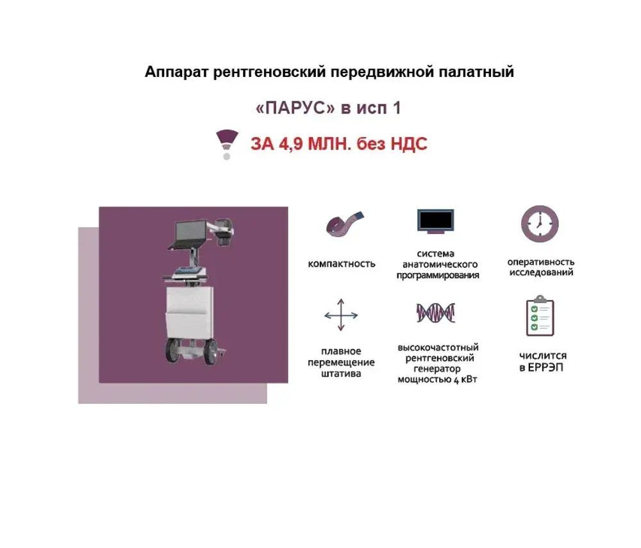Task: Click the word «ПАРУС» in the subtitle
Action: [x=295, y=108]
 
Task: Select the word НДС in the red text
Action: [x=408, y=144]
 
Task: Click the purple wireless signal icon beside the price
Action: [x=227, y=144]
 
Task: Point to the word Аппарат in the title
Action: [x=177, y=72]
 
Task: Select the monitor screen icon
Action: [x=435, y=221]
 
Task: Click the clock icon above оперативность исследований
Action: [x=540, y=224]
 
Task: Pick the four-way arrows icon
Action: [x=341, y=315]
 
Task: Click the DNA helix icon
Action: [x=436, y=313]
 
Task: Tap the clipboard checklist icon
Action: [x=540, y=315]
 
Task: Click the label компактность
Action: [x=342, y=264]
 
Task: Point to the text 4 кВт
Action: [x=465, y=379]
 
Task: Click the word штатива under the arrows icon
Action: [x=341, y=374]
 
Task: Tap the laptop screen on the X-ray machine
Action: [x=190, y=231]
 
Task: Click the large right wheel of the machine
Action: [x=211, y=353]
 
